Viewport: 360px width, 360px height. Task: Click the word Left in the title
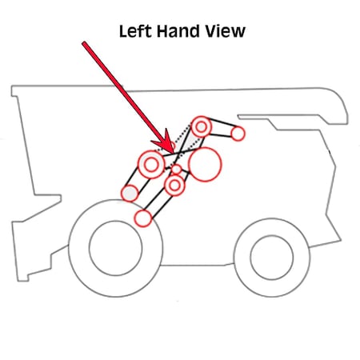[135, 31]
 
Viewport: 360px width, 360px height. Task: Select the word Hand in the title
[178, 31]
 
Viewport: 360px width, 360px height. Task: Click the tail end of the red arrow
[84, 43]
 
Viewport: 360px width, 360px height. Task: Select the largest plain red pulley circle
[205, 164]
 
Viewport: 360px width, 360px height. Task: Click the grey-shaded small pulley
[130, 193]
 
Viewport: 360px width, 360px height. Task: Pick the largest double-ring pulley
[151, 165]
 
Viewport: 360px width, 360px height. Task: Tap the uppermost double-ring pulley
[202, 126]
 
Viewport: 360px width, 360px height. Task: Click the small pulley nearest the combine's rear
[238, 134]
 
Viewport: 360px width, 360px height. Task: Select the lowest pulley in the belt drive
[143, 218]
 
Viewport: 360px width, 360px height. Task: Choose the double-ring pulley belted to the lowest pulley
[174, 185]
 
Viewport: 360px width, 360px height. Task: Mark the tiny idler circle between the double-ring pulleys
[176, 169]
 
